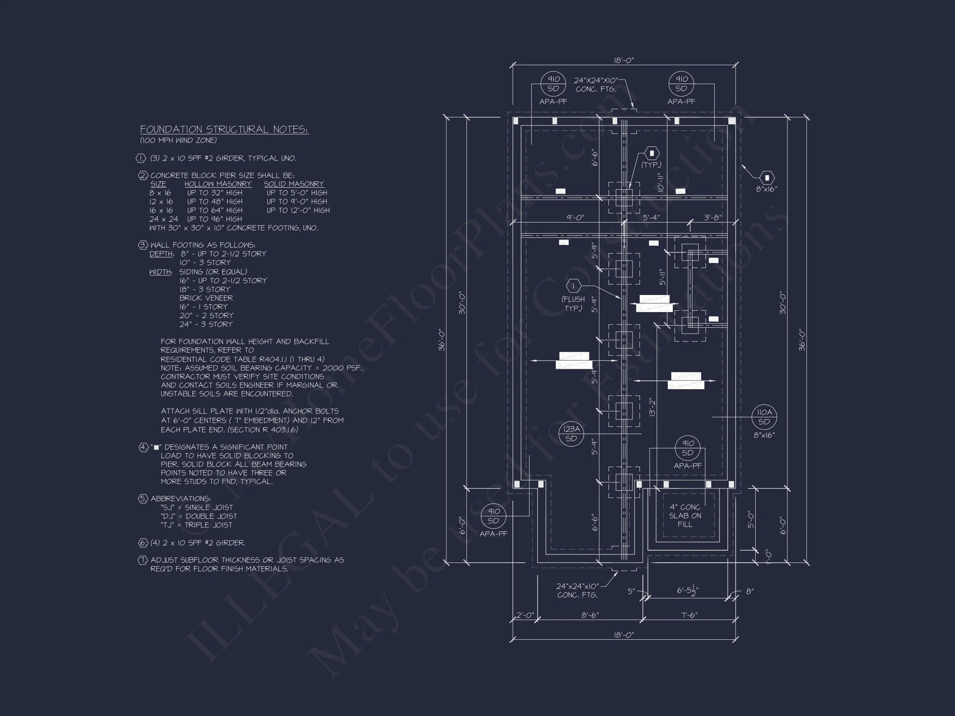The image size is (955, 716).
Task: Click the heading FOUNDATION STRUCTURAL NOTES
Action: [224, 129]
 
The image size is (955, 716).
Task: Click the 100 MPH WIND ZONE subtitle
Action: [178, 140]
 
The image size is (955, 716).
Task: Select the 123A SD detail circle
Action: [571, 434]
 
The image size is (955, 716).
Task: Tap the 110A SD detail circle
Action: [764, 417]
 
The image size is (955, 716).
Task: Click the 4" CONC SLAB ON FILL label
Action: [685, 515]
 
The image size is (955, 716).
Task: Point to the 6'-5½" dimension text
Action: [687, 590]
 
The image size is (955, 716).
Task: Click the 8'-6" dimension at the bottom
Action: [590, 615]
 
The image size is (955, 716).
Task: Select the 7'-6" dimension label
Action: [689, 615]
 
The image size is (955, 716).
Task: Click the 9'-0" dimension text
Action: [575, 218]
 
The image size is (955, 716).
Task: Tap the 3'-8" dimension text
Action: [713, 218]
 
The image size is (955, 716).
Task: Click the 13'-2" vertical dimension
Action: [652, 407]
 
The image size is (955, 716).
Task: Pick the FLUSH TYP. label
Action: [573, 304]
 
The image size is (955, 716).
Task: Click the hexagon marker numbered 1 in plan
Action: [574, 286]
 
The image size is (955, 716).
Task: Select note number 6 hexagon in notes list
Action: [143, 542]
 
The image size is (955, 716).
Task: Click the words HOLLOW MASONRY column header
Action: [218, 184]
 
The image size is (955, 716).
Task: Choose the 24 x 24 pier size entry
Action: [164, 219]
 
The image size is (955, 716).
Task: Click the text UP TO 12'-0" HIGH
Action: [298, 210]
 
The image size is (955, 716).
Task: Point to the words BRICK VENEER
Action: [206, 298]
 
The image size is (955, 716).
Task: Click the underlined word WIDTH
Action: [160, 272]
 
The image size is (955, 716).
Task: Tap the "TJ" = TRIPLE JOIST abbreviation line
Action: [196, 525]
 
